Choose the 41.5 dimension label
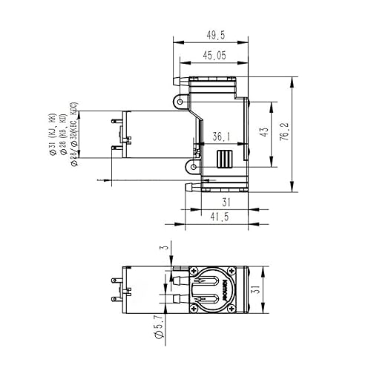coord(217,216)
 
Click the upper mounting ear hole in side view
coord(178,99)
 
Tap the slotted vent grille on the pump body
coord(224,159)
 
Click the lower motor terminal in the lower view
coord(114,301)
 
